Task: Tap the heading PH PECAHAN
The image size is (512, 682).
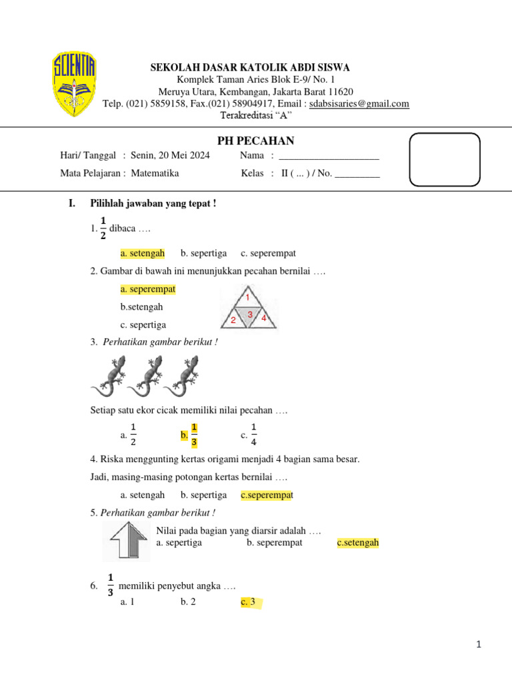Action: pyautogui.click(x=256, y=141)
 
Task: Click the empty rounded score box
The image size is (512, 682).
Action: pyautogui.click(x=444, y=159)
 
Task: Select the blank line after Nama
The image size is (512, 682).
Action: pyautogui.click(x=329, y=156)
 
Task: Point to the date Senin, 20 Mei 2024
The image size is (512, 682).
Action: pyautogui.click(x=170, y=156)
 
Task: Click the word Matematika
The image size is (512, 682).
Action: pyautogui.click(x=155, y=173)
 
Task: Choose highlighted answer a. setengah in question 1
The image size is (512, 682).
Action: pyautogui.click(x=143, y=253)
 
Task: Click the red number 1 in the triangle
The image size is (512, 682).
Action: pyautogui.click(x=248, y=296)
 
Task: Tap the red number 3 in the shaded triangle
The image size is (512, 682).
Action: pyautogui.click(x=249, y=314)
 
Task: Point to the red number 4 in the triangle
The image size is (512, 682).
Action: pyautogui.click(x=264, y=318)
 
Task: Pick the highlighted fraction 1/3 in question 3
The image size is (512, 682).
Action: pyautogui.click(x=194, y=434)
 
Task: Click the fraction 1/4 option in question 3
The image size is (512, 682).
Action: pyautogui.click(x=253, y=434)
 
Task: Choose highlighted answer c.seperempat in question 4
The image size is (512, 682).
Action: pyautogui.click(x=267, y=495)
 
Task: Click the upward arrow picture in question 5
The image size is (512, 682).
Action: pyautogui.click(x=127, y=540)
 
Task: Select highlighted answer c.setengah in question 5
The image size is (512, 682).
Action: pyautogui.click(x=358, y=543)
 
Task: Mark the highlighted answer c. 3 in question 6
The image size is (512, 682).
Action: pyautogui.click(x=249, y=602)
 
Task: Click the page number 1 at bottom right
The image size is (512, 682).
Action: pyautogui.click(x=479, y=644)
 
